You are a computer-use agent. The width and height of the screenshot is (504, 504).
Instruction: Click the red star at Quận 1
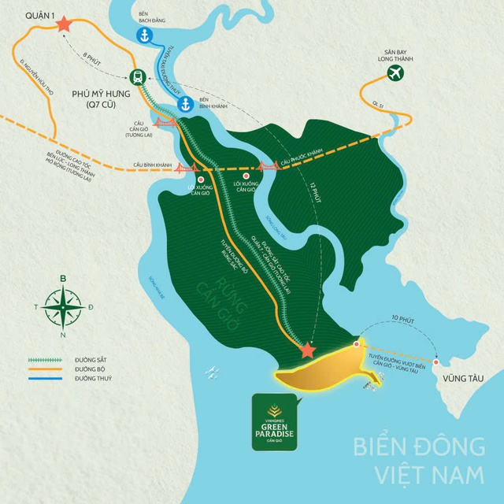(x=63, y=25)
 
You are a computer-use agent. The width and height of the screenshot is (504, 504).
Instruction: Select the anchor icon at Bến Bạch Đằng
(x=144, y=35)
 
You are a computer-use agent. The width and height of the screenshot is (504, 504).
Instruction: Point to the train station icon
(x=138, y=76)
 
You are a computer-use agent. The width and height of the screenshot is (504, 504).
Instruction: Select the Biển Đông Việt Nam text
(x=419, y=460)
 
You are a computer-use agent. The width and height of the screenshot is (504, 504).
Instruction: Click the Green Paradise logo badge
(x=273, y=422)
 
